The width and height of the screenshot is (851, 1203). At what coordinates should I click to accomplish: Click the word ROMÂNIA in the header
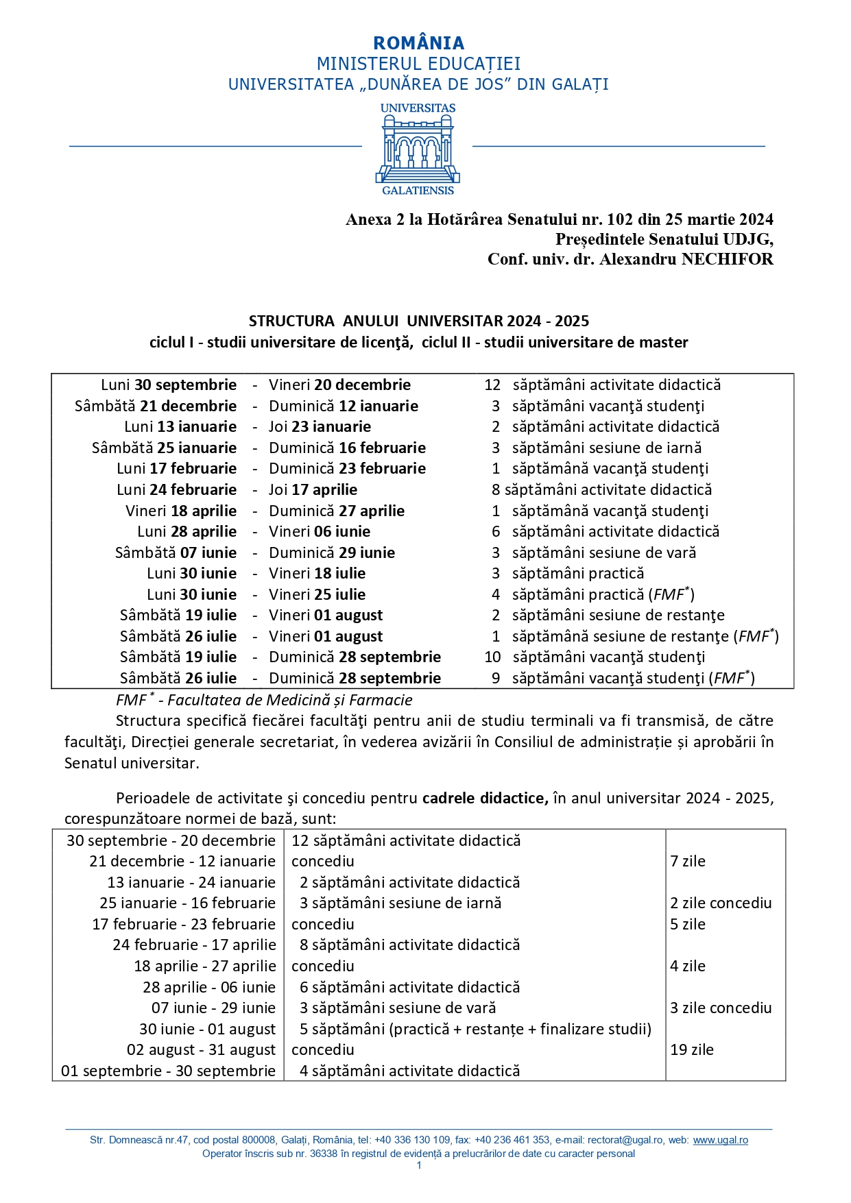pyautogui.click(x=418, y=43)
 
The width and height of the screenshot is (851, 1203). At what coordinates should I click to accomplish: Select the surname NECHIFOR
pyautogui.click(x=727, y=259)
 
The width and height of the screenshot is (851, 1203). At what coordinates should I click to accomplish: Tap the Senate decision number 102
pyautogui.click(x=620, y=219)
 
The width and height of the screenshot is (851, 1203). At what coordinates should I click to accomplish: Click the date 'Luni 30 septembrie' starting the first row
pyautogui.click(x=169, y=385)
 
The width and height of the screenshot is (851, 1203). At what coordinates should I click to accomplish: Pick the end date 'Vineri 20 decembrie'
pyautogui.click(x=339, y=385)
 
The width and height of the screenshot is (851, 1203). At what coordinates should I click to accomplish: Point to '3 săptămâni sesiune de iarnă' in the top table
pyautogui.click(x=597, y=448)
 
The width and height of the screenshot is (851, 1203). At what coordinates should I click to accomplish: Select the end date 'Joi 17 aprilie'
pyautogui.click(x=313, y=490)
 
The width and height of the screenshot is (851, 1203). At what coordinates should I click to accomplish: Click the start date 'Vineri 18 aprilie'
pyautogui.click(x=181, y=511)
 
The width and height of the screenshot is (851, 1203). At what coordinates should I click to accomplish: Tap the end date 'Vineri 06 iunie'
pyautogui.click(x=320, y=532)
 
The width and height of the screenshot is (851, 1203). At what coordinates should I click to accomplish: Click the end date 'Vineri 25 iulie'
pyautogui.click(x=317, y=595)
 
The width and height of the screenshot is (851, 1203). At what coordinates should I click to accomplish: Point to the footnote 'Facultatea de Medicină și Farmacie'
pyautogui.click(x=290, y=701)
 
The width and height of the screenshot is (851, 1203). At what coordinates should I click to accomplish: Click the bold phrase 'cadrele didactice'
pyautogui.click(x=485, y=799)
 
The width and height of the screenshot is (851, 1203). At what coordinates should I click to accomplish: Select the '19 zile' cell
pyautogui.click(x=692, y=1050)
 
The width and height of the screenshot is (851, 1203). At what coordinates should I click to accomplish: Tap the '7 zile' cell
pyautogui.click(x=688, y=862)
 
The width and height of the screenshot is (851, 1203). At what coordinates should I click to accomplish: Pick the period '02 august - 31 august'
pyautogui.click(x=201, y=1050)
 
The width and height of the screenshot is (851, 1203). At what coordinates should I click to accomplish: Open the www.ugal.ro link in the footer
pyautogui.click(x=720, y=1140)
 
